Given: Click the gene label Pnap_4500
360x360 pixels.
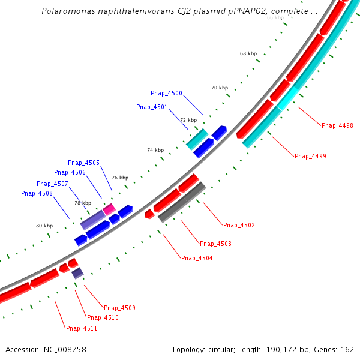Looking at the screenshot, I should coord(166,93).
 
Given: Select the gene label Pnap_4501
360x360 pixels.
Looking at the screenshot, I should coord(152,107).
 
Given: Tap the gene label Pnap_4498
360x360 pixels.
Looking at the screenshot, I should coord(337,125).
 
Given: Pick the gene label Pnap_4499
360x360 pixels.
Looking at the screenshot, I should coord(310,156).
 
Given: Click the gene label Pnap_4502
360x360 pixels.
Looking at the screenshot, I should coord(239,225).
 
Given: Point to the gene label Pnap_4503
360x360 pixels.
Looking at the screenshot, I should coord(215,244).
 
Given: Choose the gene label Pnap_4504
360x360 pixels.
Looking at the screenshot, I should coord(197,258).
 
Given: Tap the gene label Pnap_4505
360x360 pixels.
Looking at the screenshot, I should coord(83,163).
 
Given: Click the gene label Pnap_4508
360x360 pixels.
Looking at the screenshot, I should coord(37,193).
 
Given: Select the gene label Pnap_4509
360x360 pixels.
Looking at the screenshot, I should coord(119,308).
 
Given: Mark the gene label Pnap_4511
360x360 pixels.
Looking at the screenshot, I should coord(82,328).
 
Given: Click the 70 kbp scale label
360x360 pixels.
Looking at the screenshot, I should coord(220,88).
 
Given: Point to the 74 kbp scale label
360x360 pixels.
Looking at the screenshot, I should coord(155,150).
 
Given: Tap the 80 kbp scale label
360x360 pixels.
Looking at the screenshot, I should coord(44,226).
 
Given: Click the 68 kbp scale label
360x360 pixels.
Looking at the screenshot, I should coord(248,53).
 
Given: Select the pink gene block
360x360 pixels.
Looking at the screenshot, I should coord(109,209).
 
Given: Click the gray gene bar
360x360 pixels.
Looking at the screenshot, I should coord(182,202).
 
